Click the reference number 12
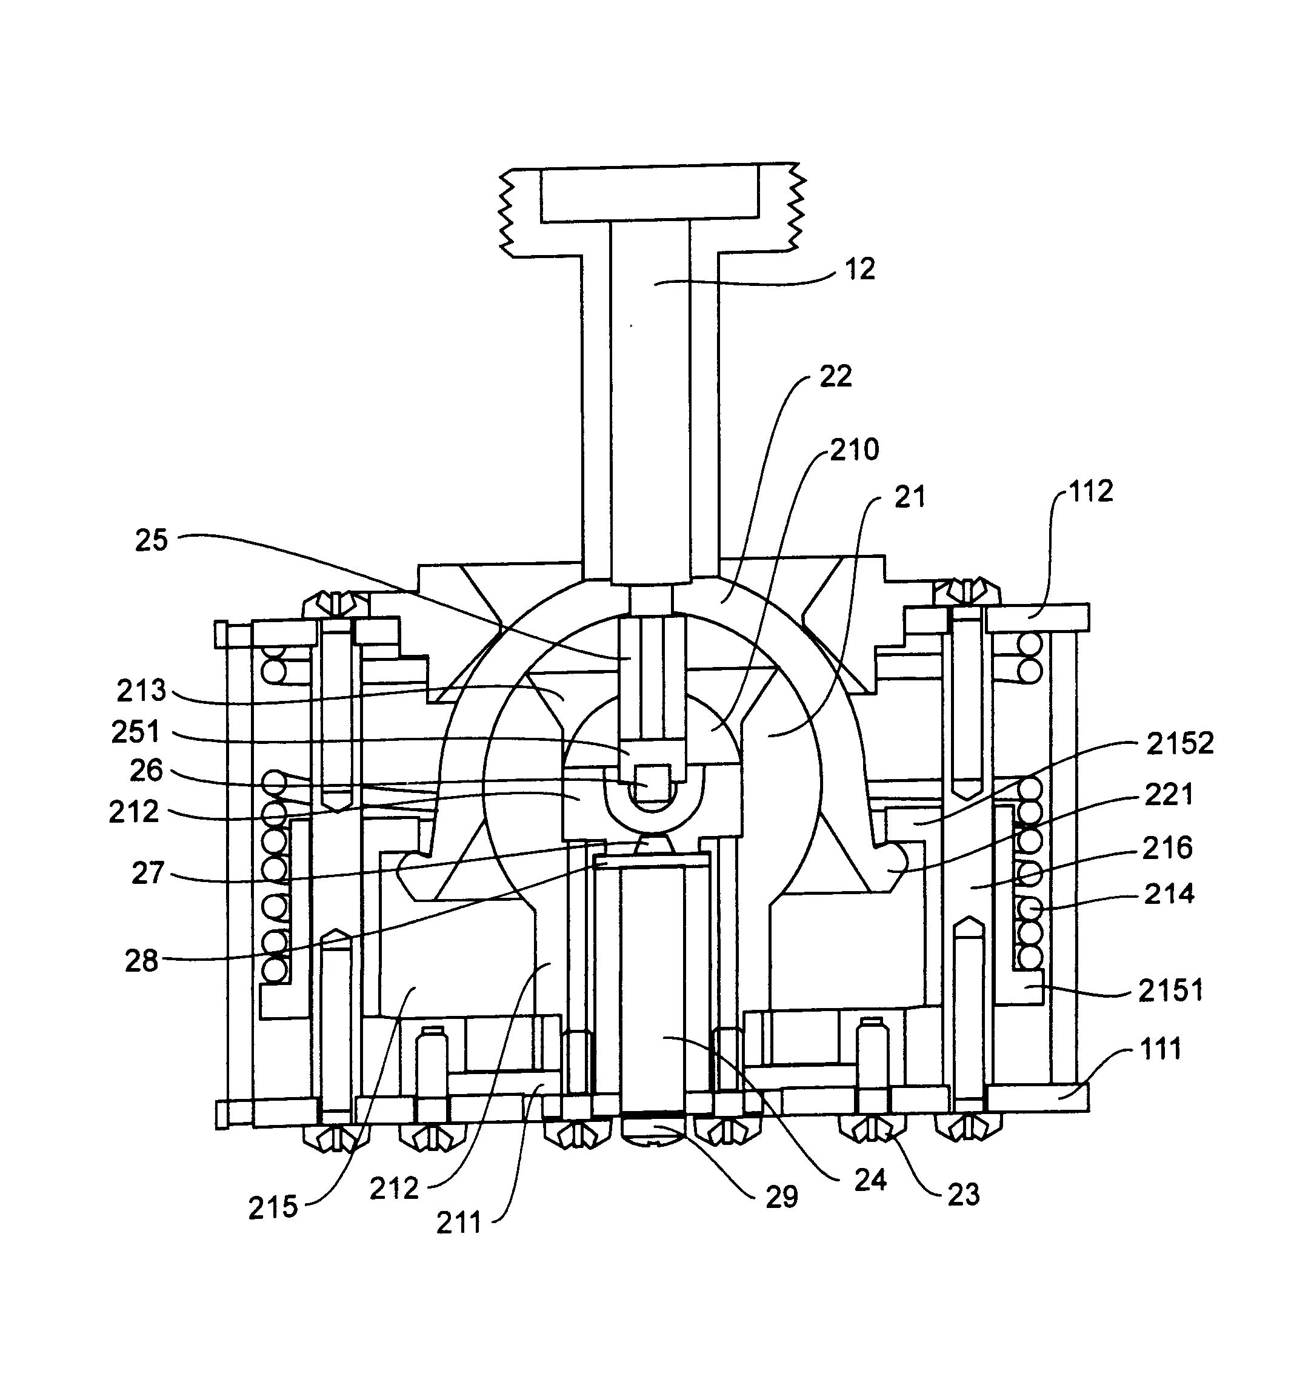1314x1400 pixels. click(859, 269)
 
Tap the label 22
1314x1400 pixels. click(836, 376)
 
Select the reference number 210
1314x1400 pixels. click(854, 450)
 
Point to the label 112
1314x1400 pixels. click(1090, 491)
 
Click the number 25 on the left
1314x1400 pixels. click(152, 540)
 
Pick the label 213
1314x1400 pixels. click(142, 690)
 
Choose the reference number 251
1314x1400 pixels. click(135, 732)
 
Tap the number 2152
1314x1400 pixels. click(1179, 743)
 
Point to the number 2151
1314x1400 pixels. click(1170, 990)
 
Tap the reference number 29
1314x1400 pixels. click(781, 1196)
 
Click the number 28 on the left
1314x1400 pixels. click(142, 961)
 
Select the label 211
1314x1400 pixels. click(459, 1223)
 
